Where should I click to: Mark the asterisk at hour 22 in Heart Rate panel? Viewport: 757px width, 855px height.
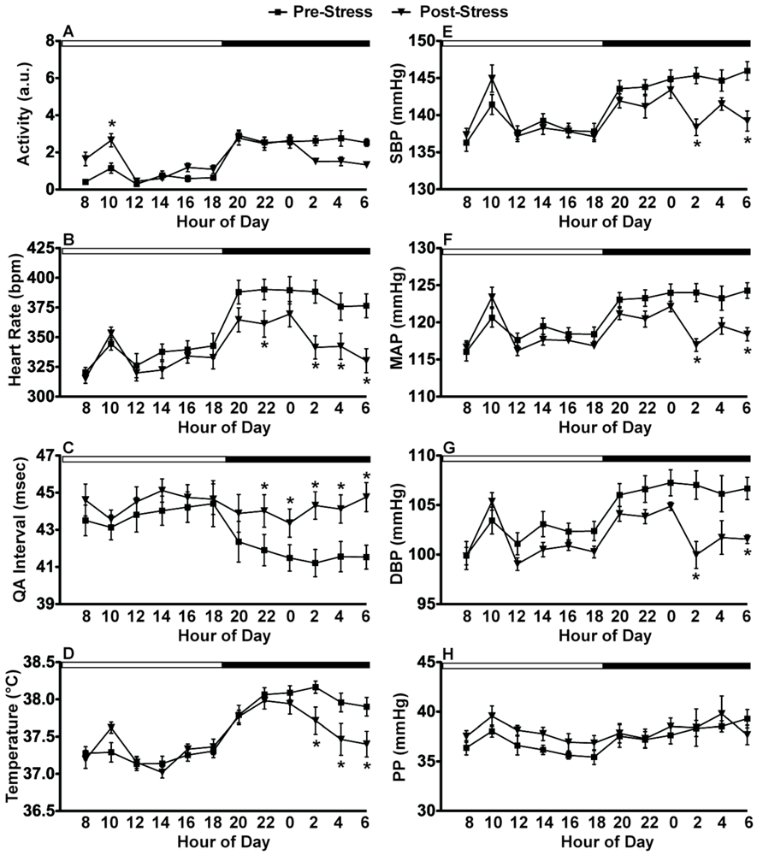tap(265, 345)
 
